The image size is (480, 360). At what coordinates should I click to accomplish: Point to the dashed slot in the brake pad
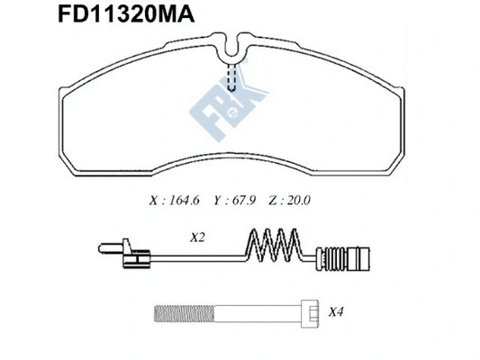[235, 78]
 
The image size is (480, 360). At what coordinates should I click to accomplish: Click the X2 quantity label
[199, 238]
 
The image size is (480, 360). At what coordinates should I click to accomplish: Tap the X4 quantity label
[336, 312]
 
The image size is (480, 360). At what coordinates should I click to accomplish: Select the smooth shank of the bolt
[252, 315]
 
